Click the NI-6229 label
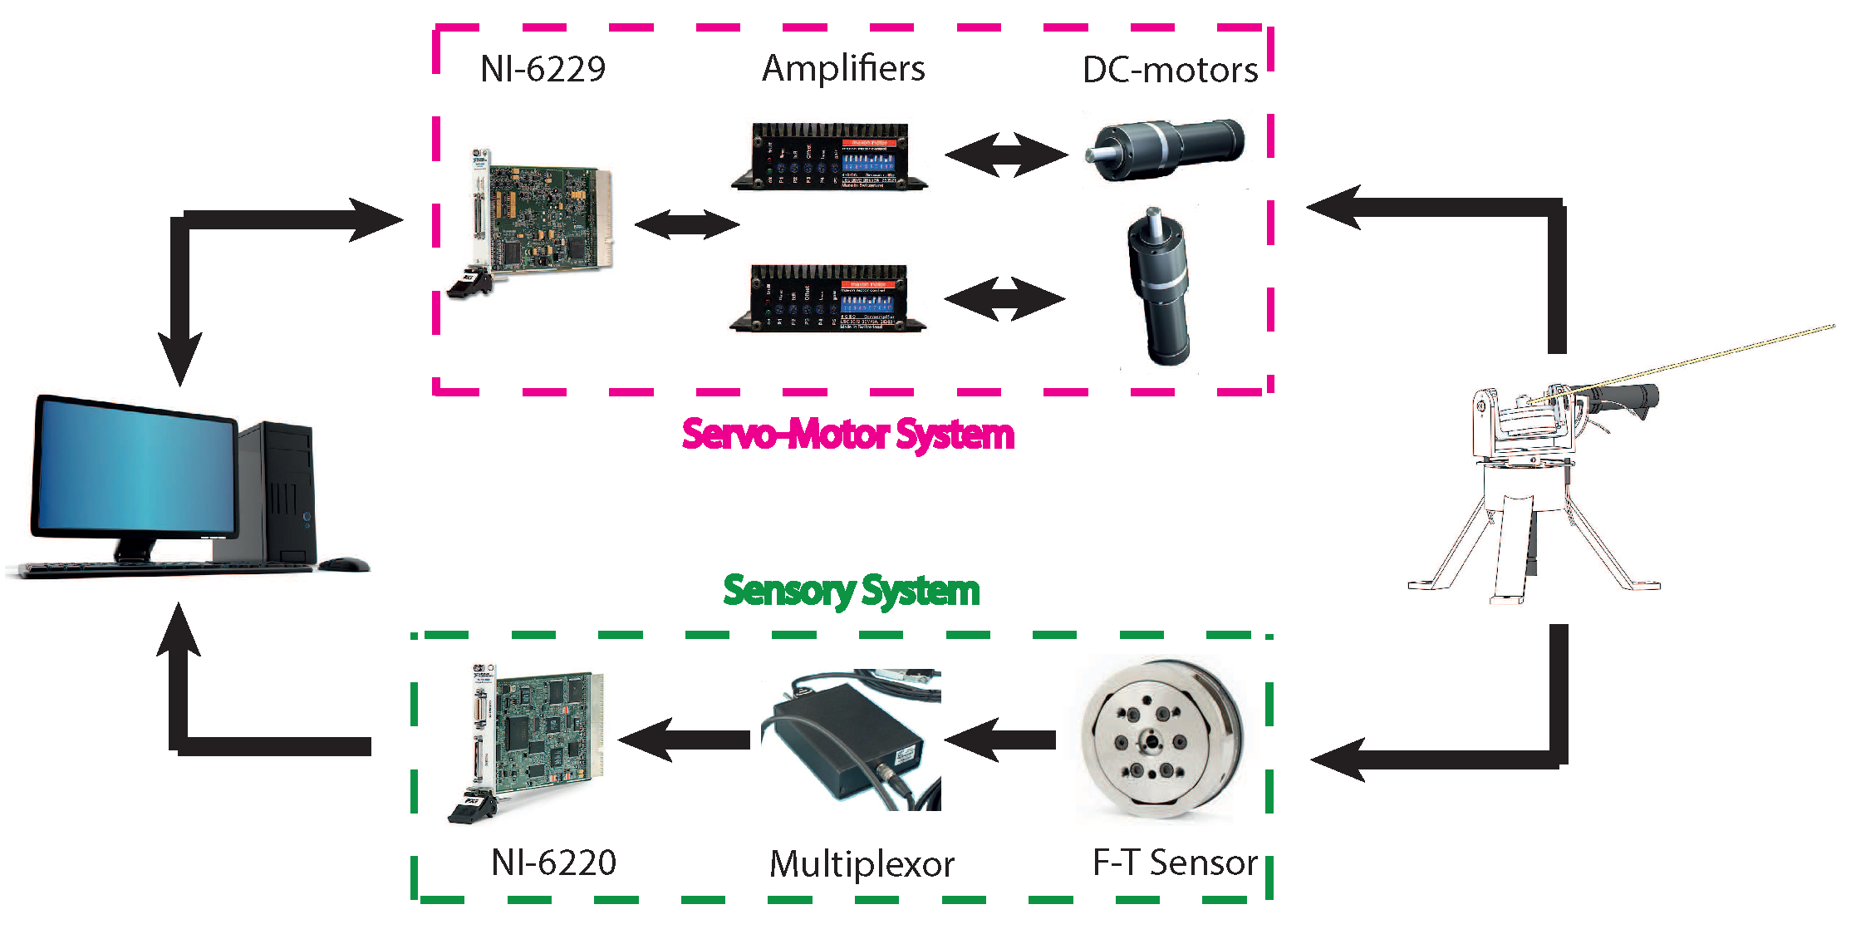pyautogui.click(x=543, y=69)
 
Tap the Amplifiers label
pyautogui.click(x=842, y=69)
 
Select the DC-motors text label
pyautogui.click(x=1170, y=71)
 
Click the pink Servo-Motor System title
pyautogui.click(x=847, y=435)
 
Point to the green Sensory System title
pyautogui.click(x=851, y=591)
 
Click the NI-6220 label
pyautogui.click(x=553, y=863)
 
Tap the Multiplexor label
pyautogui.click(x=862, y=865)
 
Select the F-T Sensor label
pyautogui.click(x=1175, y=863)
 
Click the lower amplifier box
pyautogui.click(x=828, y=298)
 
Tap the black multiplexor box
pyautogui.click(x=847, y=744)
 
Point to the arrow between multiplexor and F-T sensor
pyautogui.click(x=1000, y=740)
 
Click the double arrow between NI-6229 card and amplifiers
pyautogui.click(x=686, y=224)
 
